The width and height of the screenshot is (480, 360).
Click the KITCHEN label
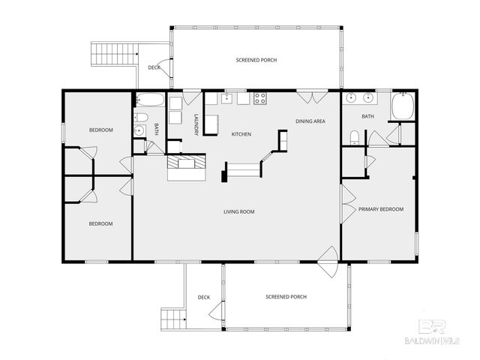point(241,134)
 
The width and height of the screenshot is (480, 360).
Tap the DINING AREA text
point(310,121)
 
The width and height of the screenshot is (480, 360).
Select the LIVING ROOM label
point(238,212)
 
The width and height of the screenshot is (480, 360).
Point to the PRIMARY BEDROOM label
point(380,209)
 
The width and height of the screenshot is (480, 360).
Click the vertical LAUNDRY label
point(196,124)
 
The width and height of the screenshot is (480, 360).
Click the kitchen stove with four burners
point(260,97)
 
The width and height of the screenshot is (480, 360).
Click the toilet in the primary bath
point(354,136)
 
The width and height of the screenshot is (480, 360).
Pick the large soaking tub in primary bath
point(403,105)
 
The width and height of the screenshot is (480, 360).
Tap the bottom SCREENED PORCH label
point(286,297)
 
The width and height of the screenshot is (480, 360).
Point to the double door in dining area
point(305,96)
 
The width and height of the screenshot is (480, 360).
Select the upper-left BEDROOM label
point(100,130)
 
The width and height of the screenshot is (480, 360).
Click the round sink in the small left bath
point(138,131)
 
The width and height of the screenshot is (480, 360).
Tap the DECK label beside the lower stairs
point(203,298)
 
